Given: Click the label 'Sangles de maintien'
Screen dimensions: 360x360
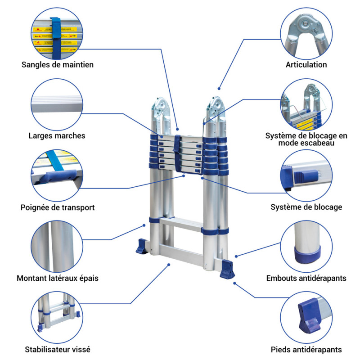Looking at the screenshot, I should click(x=58, y=64).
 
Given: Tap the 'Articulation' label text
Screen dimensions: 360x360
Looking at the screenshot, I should click(x=306, y=64).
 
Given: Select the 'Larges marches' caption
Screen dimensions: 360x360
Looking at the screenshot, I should click(x=57, y=135).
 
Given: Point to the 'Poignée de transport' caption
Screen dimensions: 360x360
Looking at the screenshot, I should click(x=58, y=207).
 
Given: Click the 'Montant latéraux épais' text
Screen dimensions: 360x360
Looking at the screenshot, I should click(x=58, y=278).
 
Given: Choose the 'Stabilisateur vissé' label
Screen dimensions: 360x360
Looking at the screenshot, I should click(x=58, y=349).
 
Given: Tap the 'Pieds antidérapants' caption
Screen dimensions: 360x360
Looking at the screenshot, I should click(x=306, y=349).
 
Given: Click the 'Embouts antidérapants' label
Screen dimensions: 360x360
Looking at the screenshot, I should click(x=306, y=278).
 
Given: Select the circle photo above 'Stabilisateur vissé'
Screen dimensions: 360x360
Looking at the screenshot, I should click(x=57, y=315).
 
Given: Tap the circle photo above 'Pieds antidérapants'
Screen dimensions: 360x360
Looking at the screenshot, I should click(x=306, y=315).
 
